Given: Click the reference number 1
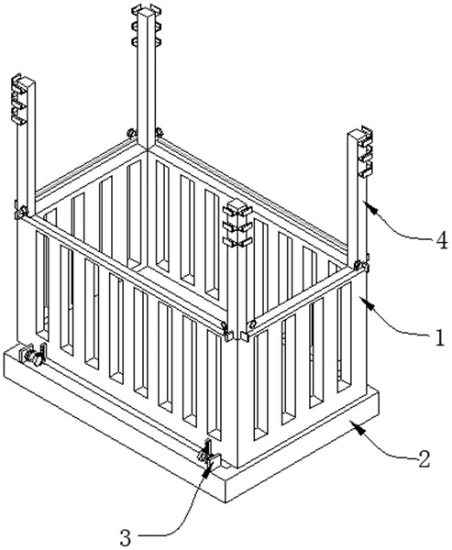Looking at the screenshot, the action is (x=440, y=337).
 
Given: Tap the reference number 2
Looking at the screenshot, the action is (x=424, y=459).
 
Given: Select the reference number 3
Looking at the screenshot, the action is (x=126, y=537).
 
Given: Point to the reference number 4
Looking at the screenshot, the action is (x=442, y=241).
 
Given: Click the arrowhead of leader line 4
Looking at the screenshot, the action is (x=369, y=206).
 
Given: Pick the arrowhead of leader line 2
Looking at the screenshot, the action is (x=358, y=427).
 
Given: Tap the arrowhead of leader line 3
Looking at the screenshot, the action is (x=206, y=469).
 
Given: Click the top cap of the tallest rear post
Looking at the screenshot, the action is (x=147, y=10).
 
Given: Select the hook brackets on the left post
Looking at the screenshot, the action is (x=19, y=99).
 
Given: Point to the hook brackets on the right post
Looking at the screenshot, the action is (x=365, y=151).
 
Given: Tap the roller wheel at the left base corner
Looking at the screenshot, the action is (x=32, y=355).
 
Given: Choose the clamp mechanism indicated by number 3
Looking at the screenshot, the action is (x=210, y=455).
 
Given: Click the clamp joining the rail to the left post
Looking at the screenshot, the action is (x=21, y=213).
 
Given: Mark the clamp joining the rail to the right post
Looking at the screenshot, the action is (x=361, y=266).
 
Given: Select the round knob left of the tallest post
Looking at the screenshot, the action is (x=131, y=133).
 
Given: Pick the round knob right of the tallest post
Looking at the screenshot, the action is (x=159, y=132).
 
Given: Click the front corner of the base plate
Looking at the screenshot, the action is (x=226, y=502).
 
